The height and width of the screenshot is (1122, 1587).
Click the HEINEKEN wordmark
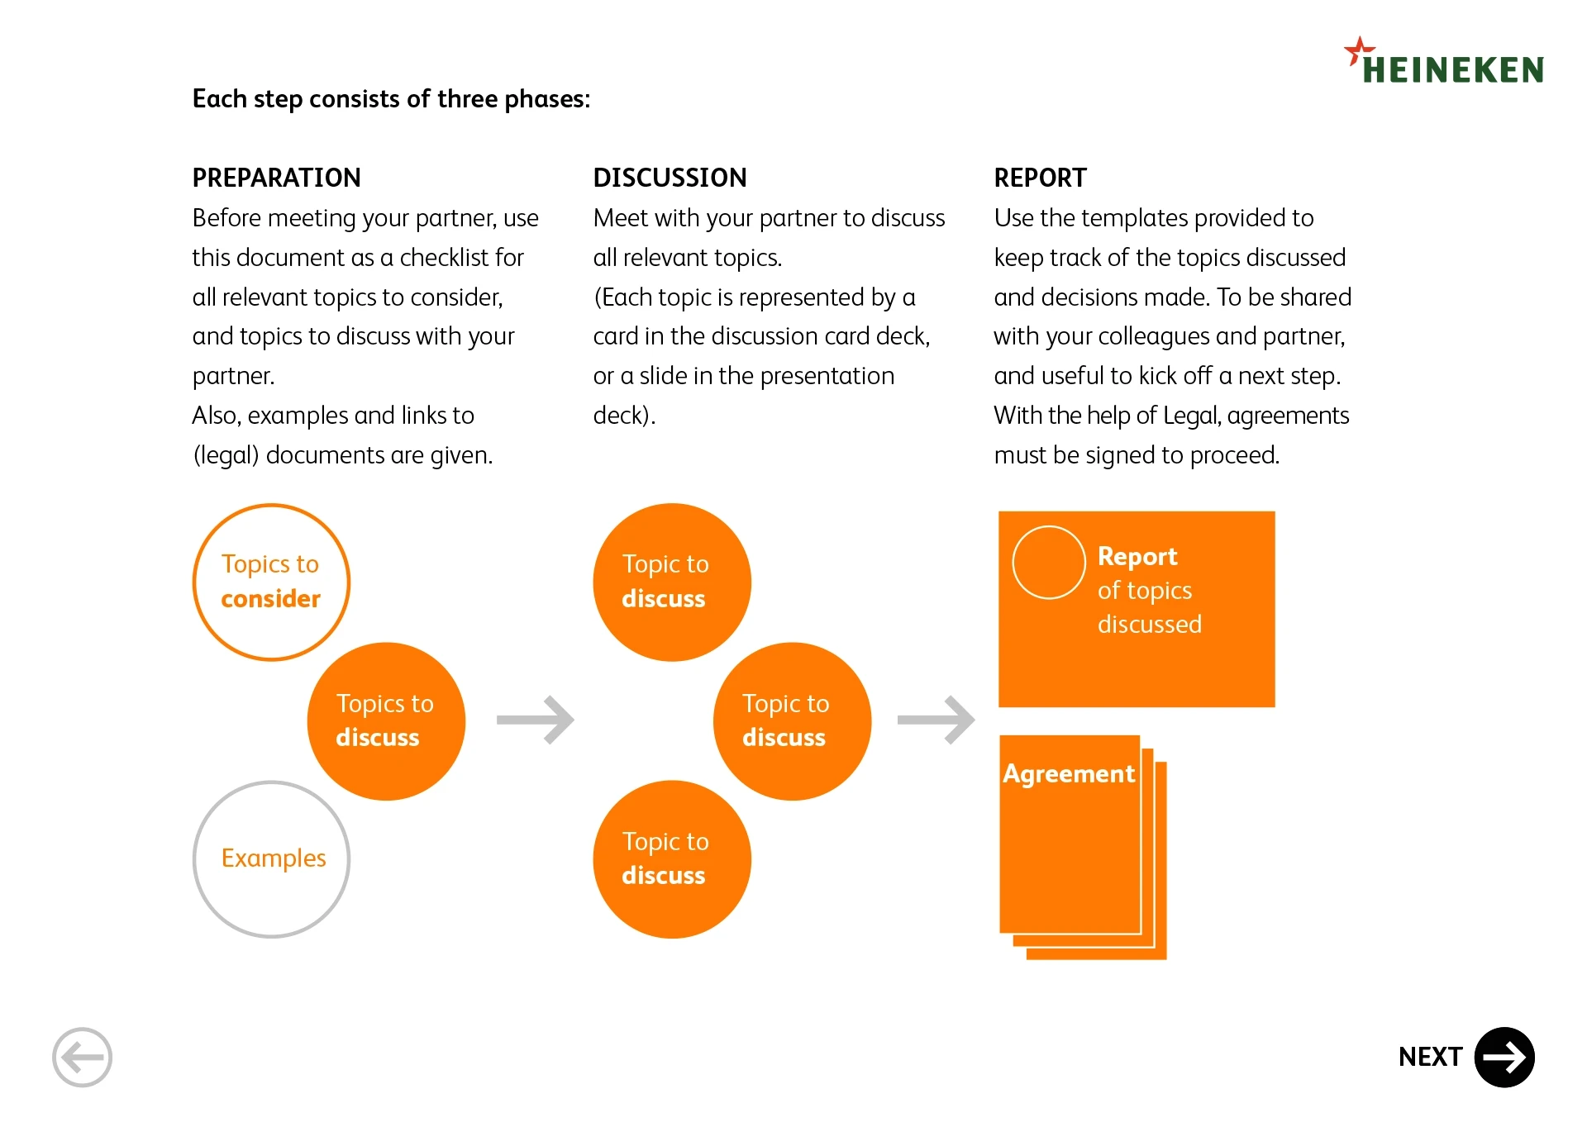pos(1452,70)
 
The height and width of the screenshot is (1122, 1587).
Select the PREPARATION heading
pos(276,178)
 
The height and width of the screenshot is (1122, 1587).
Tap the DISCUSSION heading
pos(670,178)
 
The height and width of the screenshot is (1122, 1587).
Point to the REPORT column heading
pos(1040,178)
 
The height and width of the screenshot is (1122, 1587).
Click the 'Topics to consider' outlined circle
pos(271,582)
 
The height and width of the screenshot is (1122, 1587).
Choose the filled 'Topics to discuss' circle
pos(386,720)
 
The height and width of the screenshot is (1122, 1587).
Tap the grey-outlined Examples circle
pos(271,859)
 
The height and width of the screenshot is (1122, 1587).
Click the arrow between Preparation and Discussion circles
pos(536,720)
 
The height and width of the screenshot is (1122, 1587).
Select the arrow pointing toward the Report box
pos(936,720)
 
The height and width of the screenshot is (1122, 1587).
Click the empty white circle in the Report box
pos(1048,562)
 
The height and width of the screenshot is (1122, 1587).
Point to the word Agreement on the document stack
pos(1068,773)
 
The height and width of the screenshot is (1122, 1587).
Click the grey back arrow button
pos(82,1057)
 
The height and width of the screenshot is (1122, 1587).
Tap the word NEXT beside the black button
pos(1430,1057)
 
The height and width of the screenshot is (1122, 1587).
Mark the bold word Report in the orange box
pos(1137,557)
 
